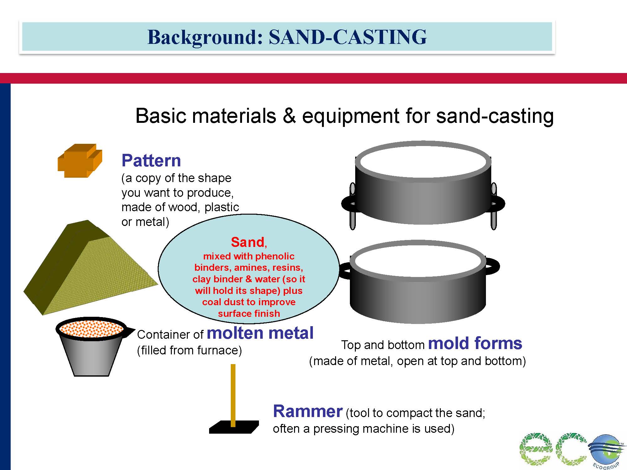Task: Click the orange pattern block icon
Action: pyautogui.click(x=80, y=161)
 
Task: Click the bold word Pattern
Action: pyautogui.click(x=151, y=161)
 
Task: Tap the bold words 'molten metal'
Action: pyautogui.click(x=260, y=333)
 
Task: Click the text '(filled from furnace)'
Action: pyautogui.click(x=189, y=350)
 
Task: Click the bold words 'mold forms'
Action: pyautogui.click(x=475, y=343)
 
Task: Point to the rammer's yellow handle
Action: pyautogui.click(x=233, y=395)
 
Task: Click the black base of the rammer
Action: pyautogui.click(x=234, y=427)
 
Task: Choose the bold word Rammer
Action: pyautogui.click(x=308, y=411)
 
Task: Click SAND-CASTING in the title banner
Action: pyautogui.click(x=348, y=37)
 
